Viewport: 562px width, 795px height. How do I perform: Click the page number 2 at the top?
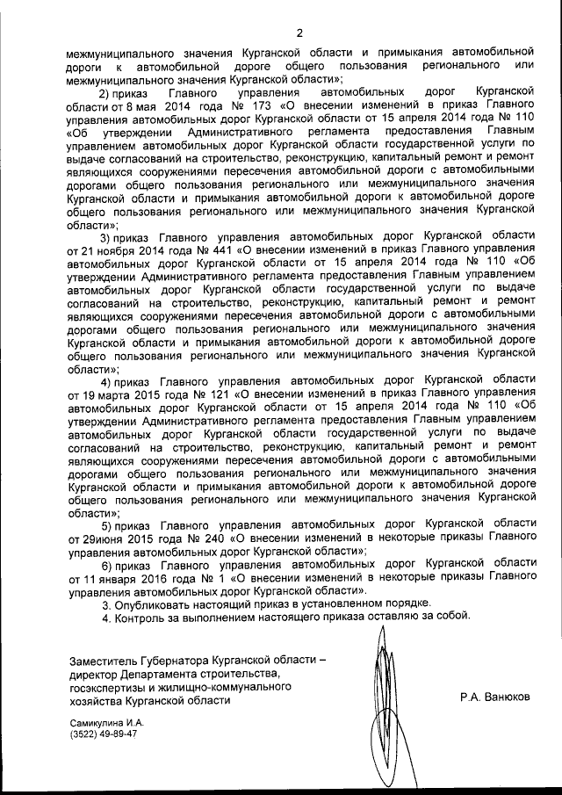pos(299,33)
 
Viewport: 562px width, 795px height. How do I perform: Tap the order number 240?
pos(212,535)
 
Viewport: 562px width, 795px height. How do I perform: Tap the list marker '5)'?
pos(110,522)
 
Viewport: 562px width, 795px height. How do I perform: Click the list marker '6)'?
pos(110,564)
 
